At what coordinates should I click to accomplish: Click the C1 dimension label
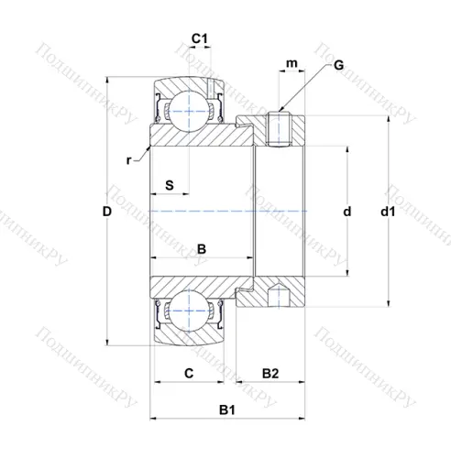[199, 38]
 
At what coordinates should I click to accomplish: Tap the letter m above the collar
[291, 63]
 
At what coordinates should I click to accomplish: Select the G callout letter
[338, 65]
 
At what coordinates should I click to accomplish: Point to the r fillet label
[129, 160]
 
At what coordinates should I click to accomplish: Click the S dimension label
[170, 185]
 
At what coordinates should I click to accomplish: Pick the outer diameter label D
[106, 212]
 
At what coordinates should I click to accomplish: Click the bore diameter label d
[347, 212]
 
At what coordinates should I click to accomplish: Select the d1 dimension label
[388, 212]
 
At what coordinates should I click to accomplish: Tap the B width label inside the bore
[202, 249]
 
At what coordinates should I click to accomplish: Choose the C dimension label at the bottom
[189, 373]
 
